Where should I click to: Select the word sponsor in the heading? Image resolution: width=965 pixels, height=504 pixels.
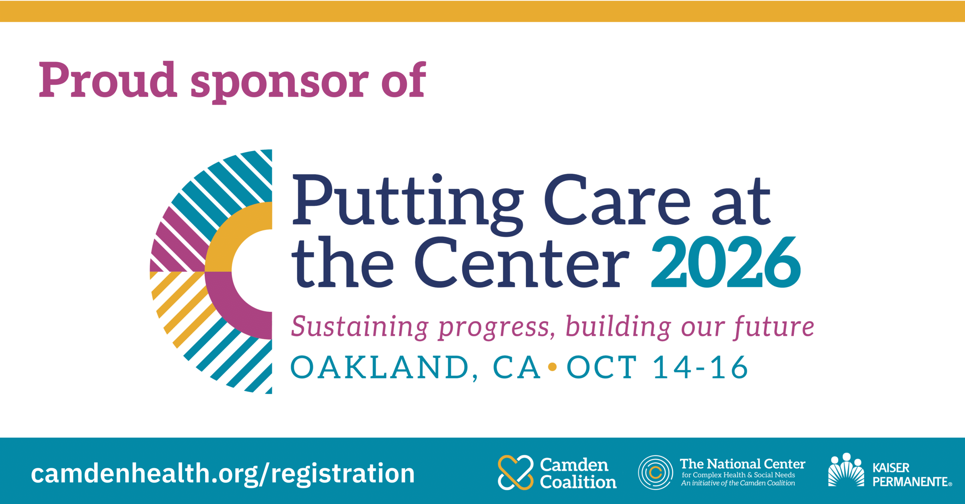(x=280, y=83)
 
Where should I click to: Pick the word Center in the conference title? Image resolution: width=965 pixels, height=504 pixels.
(x=522, y=262)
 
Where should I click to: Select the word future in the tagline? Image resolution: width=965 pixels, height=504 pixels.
(x=774, y=326)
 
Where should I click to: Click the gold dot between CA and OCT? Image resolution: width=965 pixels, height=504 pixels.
(x=552, y=366)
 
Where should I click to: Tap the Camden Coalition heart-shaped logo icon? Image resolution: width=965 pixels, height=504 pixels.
(x=516, y=472)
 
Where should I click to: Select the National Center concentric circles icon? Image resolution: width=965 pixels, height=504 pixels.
(x=656, y=472)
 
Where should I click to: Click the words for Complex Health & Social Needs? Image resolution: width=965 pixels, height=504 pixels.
(x=738, y=475)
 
